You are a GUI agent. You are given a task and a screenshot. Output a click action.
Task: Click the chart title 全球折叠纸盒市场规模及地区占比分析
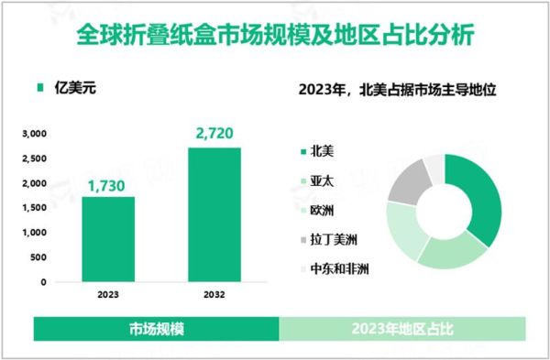(x=275, y=39)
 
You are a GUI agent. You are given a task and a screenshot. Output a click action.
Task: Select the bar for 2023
(x=108, y=239)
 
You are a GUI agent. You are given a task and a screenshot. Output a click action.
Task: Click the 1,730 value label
(x=108, y=187)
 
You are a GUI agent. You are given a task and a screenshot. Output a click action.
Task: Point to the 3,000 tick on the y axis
(x=35, y=134)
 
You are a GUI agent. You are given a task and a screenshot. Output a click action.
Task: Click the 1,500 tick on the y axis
(x=35, y=208)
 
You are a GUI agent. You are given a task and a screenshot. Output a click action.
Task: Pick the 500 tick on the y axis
(x=39, y=257)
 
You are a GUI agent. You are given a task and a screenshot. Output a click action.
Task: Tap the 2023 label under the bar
(x=108, y=296)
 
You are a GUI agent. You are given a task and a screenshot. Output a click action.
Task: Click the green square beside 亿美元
(x=38, y=89)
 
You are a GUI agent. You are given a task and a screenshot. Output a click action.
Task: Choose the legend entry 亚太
(x=321, y=181)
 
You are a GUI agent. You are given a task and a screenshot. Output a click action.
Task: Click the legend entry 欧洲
(x=321, y=211)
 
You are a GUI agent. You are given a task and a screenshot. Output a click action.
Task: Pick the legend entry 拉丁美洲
(x=329, y=240)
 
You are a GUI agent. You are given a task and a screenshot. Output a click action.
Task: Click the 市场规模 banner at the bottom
(x=156, y=329)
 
